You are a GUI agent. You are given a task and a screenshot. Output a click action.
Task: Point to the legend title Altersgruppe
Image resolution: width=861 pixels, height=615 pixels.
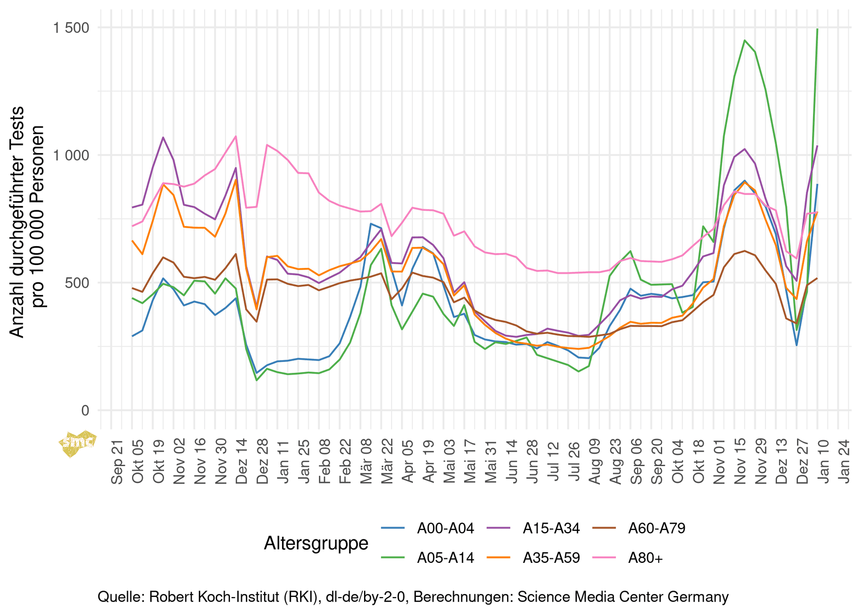click(x=316, y=543)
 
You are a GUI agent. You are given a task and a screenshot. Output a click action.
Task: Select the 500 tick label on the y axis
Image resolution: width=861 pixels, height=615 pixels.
click(x=78, y=283)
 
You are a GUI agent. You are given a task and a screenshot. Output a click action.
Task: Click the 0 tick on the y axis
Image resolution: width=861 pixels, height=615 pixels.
click(x=85, y=411)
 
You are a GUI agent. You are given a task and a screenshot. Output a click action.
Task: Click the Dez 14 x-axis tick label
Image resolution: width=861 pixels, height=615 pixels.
click(x=242, y=462)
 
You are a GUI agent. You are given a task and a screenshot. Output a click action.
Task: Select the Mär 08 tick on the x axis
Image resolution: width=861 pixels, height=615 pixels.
click(x=366, y=462)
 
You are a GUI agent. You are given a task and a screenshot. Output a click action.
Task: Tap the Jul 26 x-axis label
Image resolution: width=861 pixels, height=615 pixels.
click(x=574, y=462)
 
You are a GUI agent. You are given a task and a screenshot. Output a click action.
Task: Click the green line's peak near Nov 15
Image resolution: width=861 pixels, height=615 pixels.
click(x=745, y=40)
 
